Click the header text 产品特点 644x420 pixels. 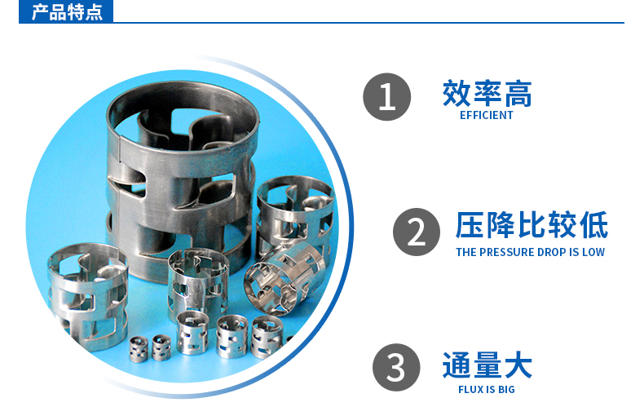[67, 12]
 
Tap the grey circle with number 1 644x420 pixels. [386, 97]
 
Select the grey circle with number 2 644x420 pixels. [416, 232]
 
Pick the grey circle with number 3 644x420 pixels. [396, 367]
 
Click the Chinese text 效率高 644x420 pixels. [487, 94]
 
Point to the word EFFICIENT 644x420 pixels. [487, 116]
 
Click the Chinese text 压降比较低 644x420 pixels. [532, 225]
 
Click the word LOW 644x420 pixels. [593, 252]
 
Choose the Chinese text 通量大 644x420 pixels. [487, 365]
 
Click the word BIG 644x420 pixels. [506, 389]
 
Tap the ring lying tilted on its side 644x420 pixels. [285, 278]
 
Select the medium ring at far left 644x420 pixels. [87, 297]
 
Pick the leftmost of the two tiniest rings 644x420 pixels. [139, 349]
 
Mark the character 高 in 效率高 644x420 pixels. [518, 94]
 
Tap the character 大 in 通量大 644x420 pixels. [518, 365]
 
